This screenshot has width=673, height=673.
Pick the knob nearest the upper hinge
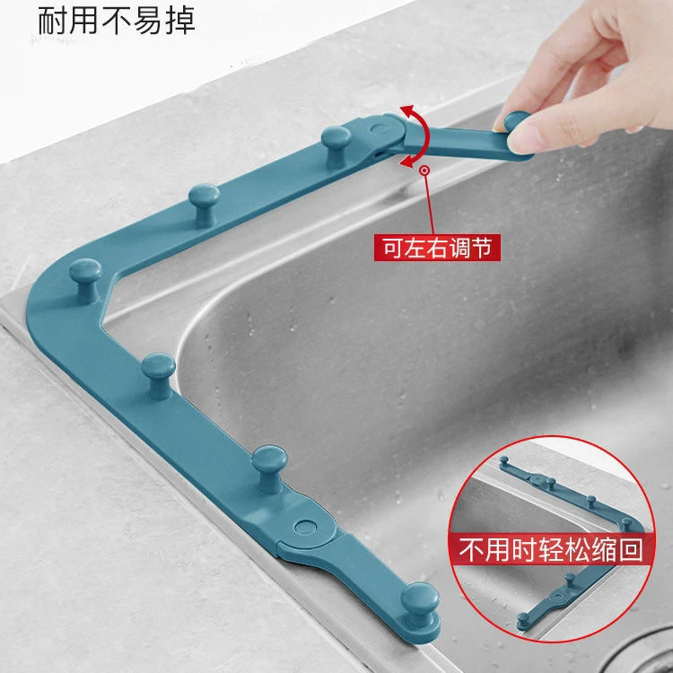coord(335,137)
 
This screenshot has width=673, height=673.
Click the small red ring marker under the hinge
coord(424,169)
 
